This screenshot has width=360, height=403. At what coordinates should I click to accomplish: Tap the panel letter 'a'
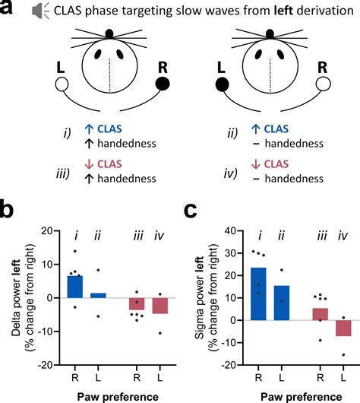(x=9, y=11)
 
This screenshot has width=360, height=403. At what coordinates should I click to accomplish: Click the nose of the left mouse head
(x=109, y=33)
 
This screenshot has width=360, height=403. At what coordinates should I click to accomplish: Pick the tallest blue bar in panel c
(x=259, y=294)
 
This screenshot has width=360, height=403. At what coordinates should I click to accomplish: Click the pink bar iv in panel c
(x=345, y=328)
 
